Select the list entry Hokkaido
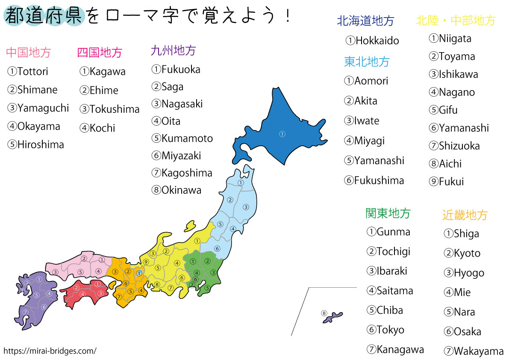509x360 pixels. coord(377,41)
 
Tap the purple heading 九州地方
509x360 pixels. coord(173,51)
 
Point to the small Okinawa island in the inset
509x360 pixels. coord(333,317)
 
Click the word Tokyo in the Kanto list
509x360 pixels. coord(390,330)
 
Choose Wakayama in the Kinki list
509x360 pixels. coord(479,351)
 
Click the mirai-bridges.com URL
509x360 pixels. coord(50,351)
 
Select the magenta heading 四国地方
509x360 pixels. coord(100,53)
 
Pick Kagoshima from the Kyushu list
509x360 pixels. coord(187,173)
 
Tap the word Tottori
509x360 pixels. coord(33,71)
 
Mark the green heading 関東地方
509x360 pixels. coord(388,213)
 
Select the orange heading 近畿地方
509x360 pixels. coord(465,215)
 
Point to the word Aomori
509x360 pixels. coord(371,81)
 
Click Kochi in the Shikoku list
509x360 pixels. coord(102,128)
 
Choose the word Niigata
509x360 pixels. coord(455,38)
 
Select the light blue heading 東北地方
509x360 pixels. coord(367,62)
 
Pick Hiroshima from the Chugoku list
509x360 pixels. coord(41,145)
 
